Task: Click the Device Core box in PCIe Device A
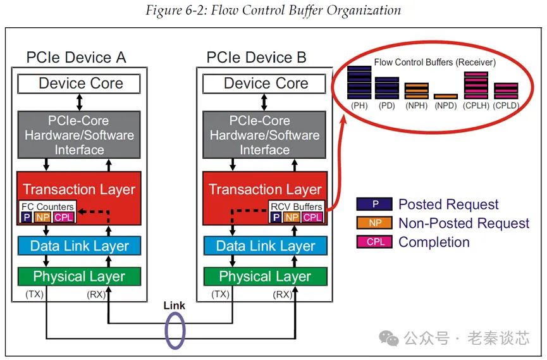(80, 84)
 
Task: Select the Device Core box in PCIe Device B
(266, 84)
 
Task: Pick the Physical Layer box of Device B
(265, 276)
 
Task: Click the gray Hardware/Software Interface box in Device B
(265, 134)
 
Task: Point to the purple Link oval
(175, 330)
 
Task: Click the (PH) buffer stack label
(359, 106)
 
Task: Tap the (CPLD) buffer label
(506, 106)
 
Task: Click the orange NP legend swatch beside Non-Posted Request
(375, 223)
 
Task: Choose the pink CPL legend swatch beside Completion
(375, 242)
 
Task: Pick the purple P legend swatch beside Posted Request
(375, 204)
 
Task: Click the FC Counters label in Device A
(47, 207)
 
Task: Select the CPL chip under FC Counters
(63, 217)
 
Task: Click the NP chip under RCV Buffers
(292, 217)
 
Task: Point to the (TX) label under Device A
(35, 294)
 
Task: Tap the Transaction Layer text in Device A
(79, 189)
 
